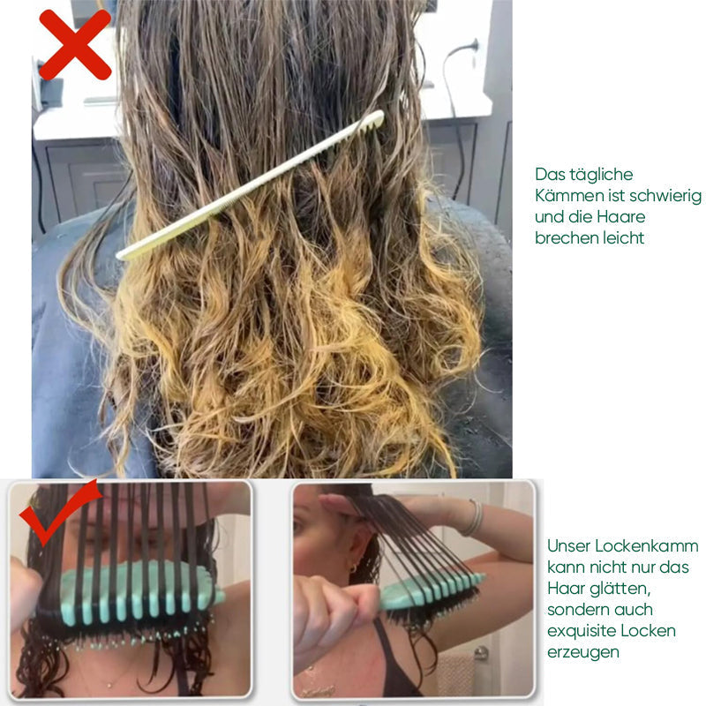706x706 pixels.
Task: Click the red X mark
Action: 74,44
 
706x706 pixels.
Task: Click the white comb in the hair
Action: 251,185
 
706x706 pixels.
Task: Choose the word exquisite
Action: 585,631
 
